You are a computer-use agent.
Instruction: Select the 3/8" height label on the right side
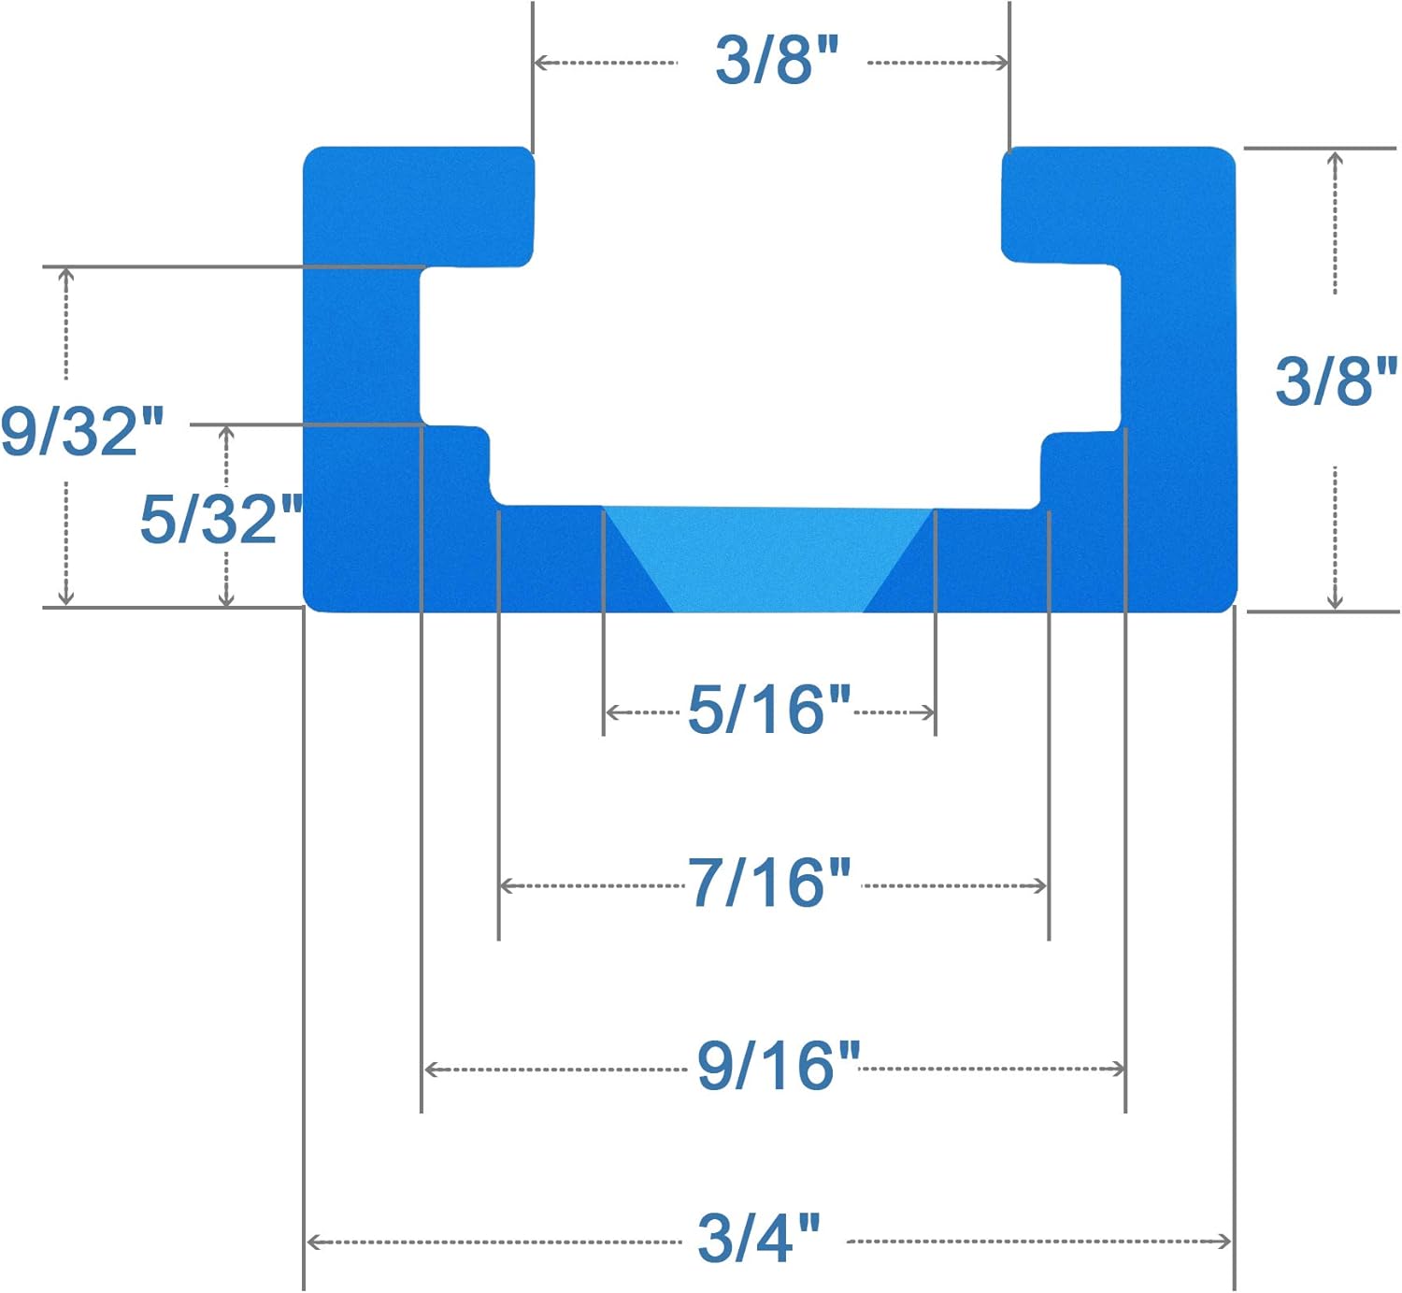[x=1335, y=381]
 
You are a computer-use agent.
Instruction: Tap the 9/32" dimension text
[x=82, y=431]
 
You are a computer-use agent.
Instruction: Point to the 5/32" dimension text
[x=221, y=519]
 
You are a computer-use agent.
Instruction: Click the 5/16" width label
[x=768, y=710]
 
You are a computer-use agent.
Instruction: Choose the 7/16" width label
[x=769, y=883]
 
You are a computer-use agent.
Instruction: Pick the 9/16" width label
[x=778, y=1065]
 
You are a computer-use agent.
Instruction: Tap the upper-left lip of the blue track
[x=421, y=206]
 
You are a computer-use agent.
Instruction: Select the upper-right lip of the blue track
[x=1117, y=206]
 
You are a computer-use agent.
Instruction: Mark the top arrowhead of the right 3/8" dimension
[x=1336, y=157]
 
